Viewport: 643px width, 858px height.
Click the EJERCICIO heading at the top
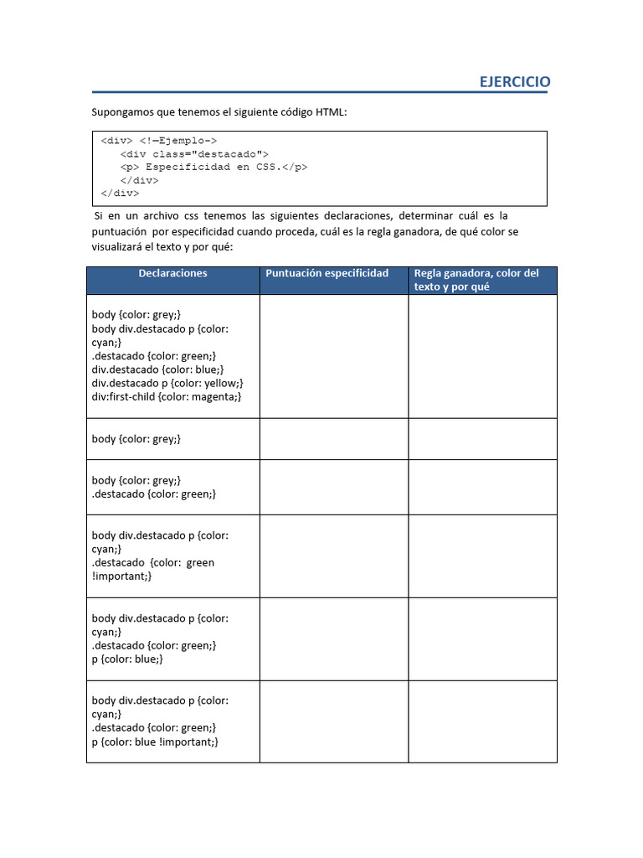[x=514, y=81]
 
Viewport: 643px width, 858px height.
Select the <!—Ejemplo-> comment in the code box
[x=178, y=142]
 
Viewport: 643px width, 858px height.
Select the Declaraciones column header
[x=172, y=273]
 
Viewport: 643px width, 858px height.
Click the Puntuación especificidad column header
[x=327, y=273]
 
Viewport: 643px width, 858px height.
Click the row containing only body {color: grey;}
[x=136, y=439]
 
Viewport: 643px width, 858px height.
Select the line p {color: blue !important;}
[x=155, y=742]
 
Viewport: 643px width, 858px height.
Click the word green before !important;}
[x=200, y=562]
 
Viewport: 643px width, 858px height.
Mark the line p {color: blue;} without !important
[x=127, y=659]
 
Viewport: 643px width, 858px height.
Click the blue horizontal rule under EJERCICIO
[x=319, y=92]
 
